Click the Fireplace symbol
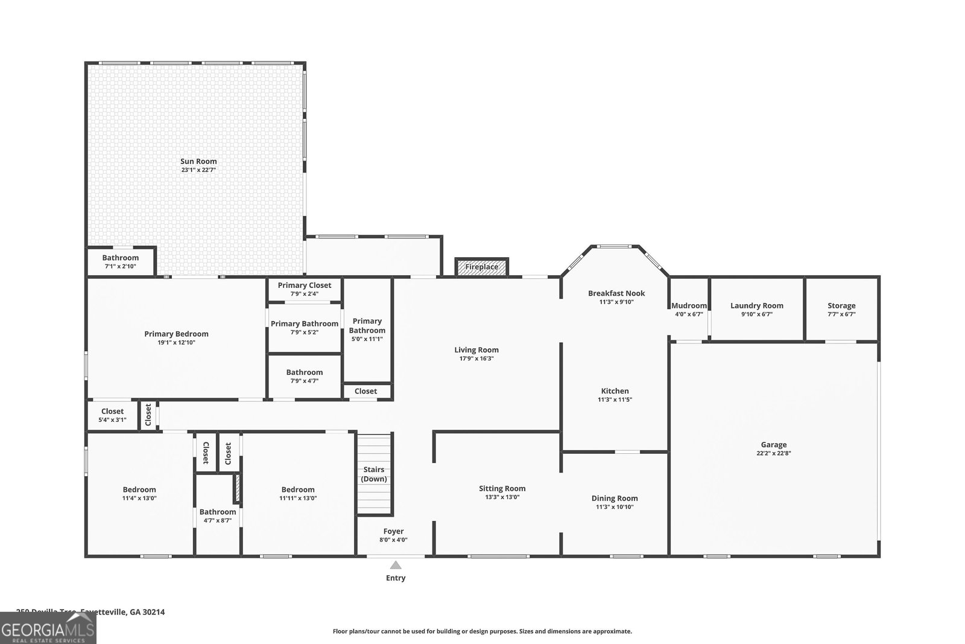pyautogui.click(x=481, y=267)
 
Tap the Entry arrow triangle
pyautogui.click(x=396, y=566)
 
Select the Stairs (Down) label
pyautogui.click(x=374, y=474)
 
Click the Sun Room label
pyautogui.click(x=198, y=161)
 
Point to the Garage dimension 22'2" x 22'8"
pyautogui.click(x=773, y=453)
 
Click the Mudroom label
pyautogui.click(x=689, y=305)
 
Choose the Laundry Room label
pyautogui.click(x=756, y=305)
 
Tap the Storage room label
pyautogui.click(x=841, y=305)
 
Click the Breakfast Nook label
pyautogui.click(x=616, y=293)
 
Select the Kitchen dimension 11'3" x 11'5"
pyautogui.click(x=615, y=400)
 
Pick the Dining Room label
pyautogui.click(x=615, y=498)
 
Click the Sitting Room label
pyautogui.click(x=502, y=488)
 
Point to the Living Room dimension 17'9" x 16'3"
pyautogui.click(x=476, y=359)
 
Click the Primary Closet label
pyautogui.click(x=305, y=285)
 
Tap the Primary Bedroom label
pyautogui.click(x=176, y=334)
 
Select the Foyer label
pyautogui.click(x=393, y=531)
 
